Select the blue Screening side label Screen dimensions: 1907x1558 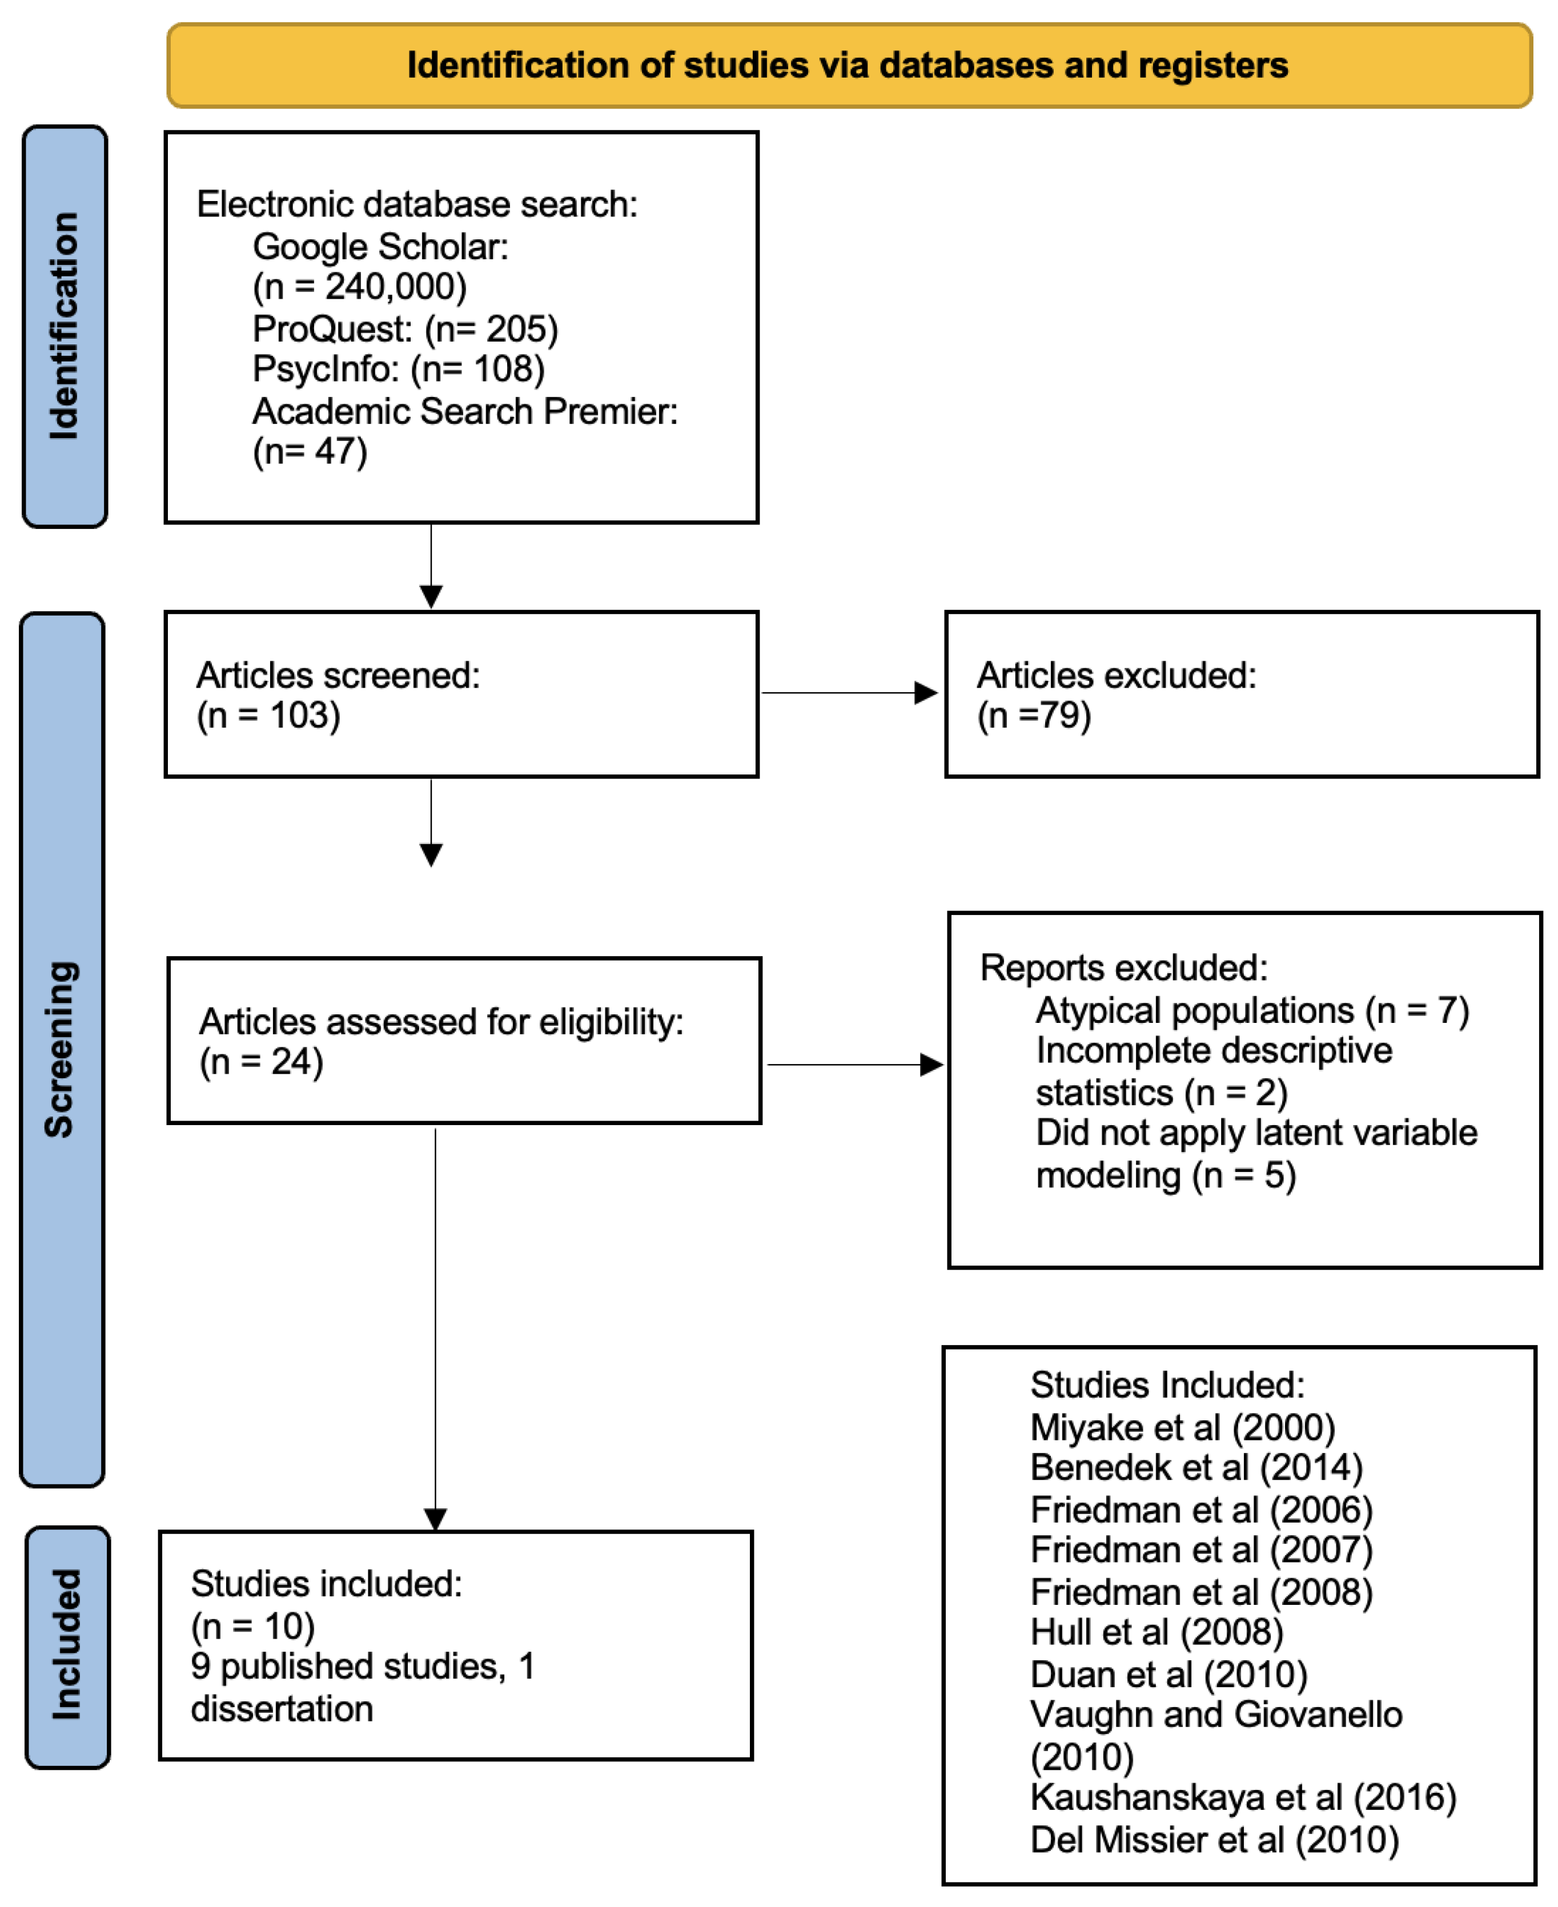click(61, 1049)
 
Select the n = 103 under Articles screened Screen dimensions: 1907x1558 click(268, 715)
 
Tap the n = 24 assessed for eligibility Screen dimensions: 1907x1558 click(260, 1062)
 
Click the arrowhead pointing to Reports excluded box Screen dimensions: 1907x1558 click(931, 1065)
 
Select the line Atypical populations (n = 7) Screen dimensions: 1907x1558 click(1252, 1010)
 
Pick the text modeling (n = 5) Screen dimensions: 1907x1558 click(1165, 1175)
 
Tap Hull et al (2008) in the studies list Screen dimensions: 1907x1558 click(1156, 1632)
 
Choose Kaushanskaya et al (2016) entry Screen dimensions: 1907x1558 click(1243, 1797)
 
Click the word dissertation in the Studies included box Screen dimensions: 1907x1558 click(282, 1709)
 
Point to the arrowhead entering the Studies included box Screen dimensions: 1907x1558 click(435, 1519)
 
